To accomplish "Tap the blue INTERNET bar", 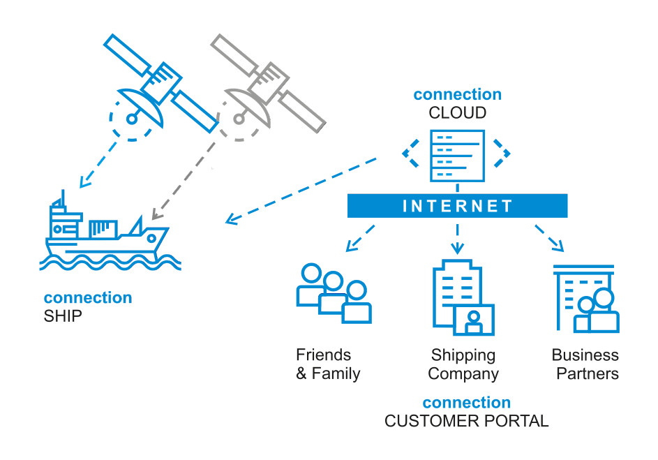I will pos(457,206).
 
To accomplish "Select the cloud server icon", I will pos(457,154).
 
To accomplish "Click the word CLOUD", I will pos(457,112).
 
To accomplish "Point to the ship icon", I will pos(105,237).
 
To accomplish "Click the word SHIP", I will pos(62,316).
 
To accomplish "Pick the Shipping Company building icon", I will pos(461,297).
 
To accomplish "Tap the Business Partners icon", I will pos(586,299).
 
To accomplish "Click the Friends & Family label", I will pos(327,364).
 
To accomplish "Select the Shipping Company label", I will pos(463,364).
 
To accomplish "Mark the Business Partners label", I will pos(585,364).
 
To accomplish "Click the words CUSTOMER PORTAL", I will pos(466,421).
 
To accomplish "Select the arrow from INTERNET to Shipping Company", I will pos(457,239).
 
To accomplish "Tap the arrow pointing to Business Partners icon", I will pos(549,237).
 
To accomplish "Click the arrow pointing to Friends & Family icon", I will pos(361,237).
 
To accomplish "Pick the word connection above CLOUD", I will pos(457,94).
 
